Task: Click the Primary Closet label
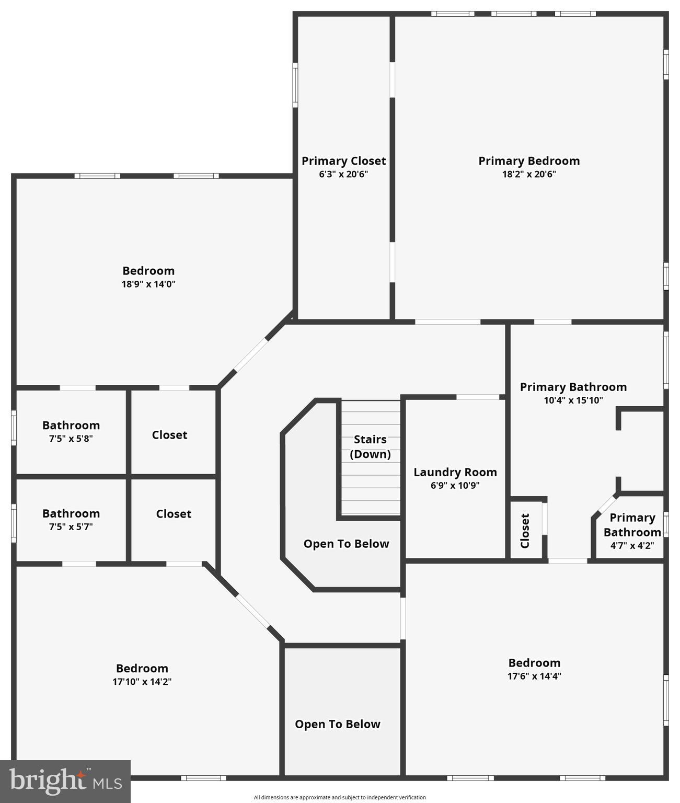(x=343, y=161)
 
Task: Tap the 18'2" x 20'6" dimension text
(x=529, y=174)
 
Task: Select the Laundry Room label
(x=455, y=472)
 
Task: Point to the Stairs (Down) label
(x=370, y=446)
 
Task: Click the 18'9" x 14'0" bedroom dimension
(x=148, y=284)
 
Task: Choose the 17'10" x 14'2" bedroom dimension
(x=142, y=681)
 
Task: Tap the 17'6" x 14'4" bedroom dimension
(x=534, y=676)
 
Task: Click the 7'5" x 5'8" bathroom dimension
(x=71, y=439)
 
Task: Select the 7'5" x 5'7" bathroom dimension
(x=71, y=527)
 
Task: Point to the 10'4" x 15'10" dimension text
(x=573, y=400)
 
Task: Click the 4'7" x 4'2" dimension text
(x=632, y=545)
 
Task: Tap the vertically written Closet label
(x=525, y=531)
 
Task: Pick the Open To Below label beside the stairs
(x=346, y=544)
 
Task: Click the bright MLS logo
(x=65, y=782)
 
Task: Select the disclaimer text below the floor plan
(x=340, y=797)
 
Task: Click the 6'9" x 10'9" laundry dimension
(x=455, y=485)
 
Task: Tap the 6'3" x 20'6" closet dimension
(x=343, y=174)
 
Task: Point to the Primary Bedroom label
(x=529, y=161)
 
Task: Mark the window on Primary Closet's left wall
(x=295, y=85)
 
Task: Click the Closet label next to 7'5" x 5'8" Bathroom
(x=169, y=435)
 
